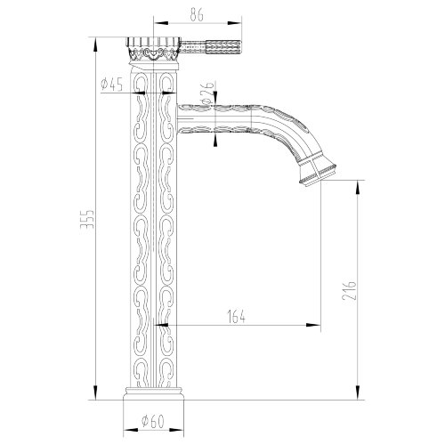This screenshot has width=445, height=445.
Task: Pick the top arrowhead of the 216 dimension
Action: point(359,182)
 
